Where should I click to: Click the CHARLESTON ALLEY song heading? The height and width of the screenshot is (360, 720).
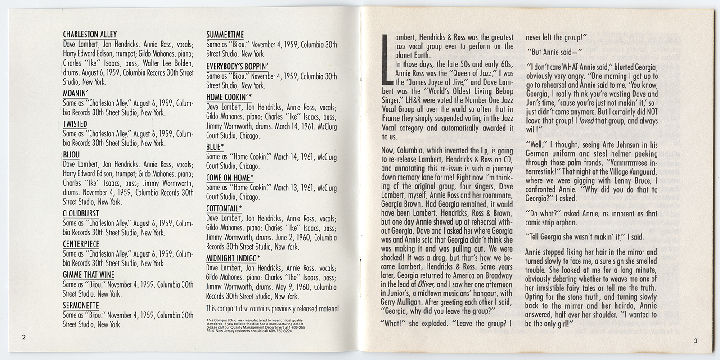coord(90,34)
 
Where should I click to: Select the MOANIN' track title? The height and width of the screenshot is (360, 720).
coord(75,94)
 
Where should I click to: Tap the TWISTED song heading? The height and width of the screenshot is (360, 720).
coord(75,124)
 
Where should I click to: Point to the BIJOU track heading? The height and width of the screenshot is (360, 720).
coord(72,154)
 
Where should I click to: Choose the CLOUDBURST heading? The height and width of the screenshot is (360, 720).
coord(81,213)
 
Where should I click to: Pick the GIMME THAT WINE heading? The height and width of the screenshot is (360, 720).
coord(89,274)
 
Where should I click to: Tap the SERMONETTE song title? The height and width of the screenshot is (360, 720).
coord(81,305)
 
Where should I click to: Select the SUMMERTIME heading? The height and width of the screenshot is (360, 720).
coord(225,34)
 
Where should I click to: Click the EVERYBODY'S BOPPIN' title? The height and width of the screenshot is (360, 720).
coord(238,65)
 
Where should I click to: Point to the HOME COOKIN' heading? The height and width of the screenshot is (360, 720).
coord(229,97)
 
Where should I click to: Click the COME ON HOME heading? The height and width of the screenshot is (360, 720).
coord(230,177)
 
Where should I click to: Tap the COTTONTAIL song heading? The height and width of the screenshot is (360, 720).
coord(224,208)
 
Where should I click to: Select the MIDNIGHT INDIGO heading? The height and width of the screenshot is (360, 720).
coord(233,257)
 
